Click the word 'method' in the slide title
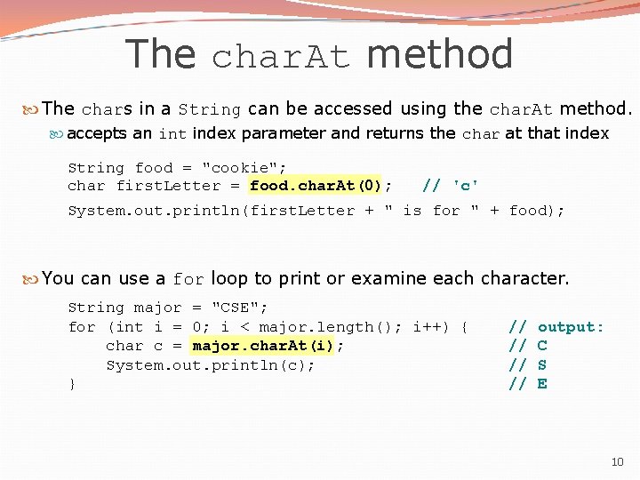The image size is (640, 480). pos(439,54)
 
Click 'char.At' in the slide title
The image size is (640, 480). pos(281,57)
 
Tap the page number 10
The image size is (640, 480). pos(618,462)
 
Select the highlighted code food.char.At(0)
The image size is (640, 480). pos(316,186)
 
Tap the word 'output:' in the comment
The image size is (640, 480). pos(571,327)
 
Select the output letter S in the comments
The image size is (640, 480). pos(542,364)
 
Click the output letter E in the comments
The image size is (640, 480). pos(542,383)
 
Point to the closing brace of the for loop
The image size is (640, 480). pos(72,384)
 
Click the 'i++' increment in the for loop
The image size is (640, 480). pos(429,327)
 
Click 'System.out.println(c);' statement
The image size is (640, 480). pos(211,365)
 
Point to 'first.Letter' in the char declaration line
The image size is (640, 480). pos(168,186)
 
